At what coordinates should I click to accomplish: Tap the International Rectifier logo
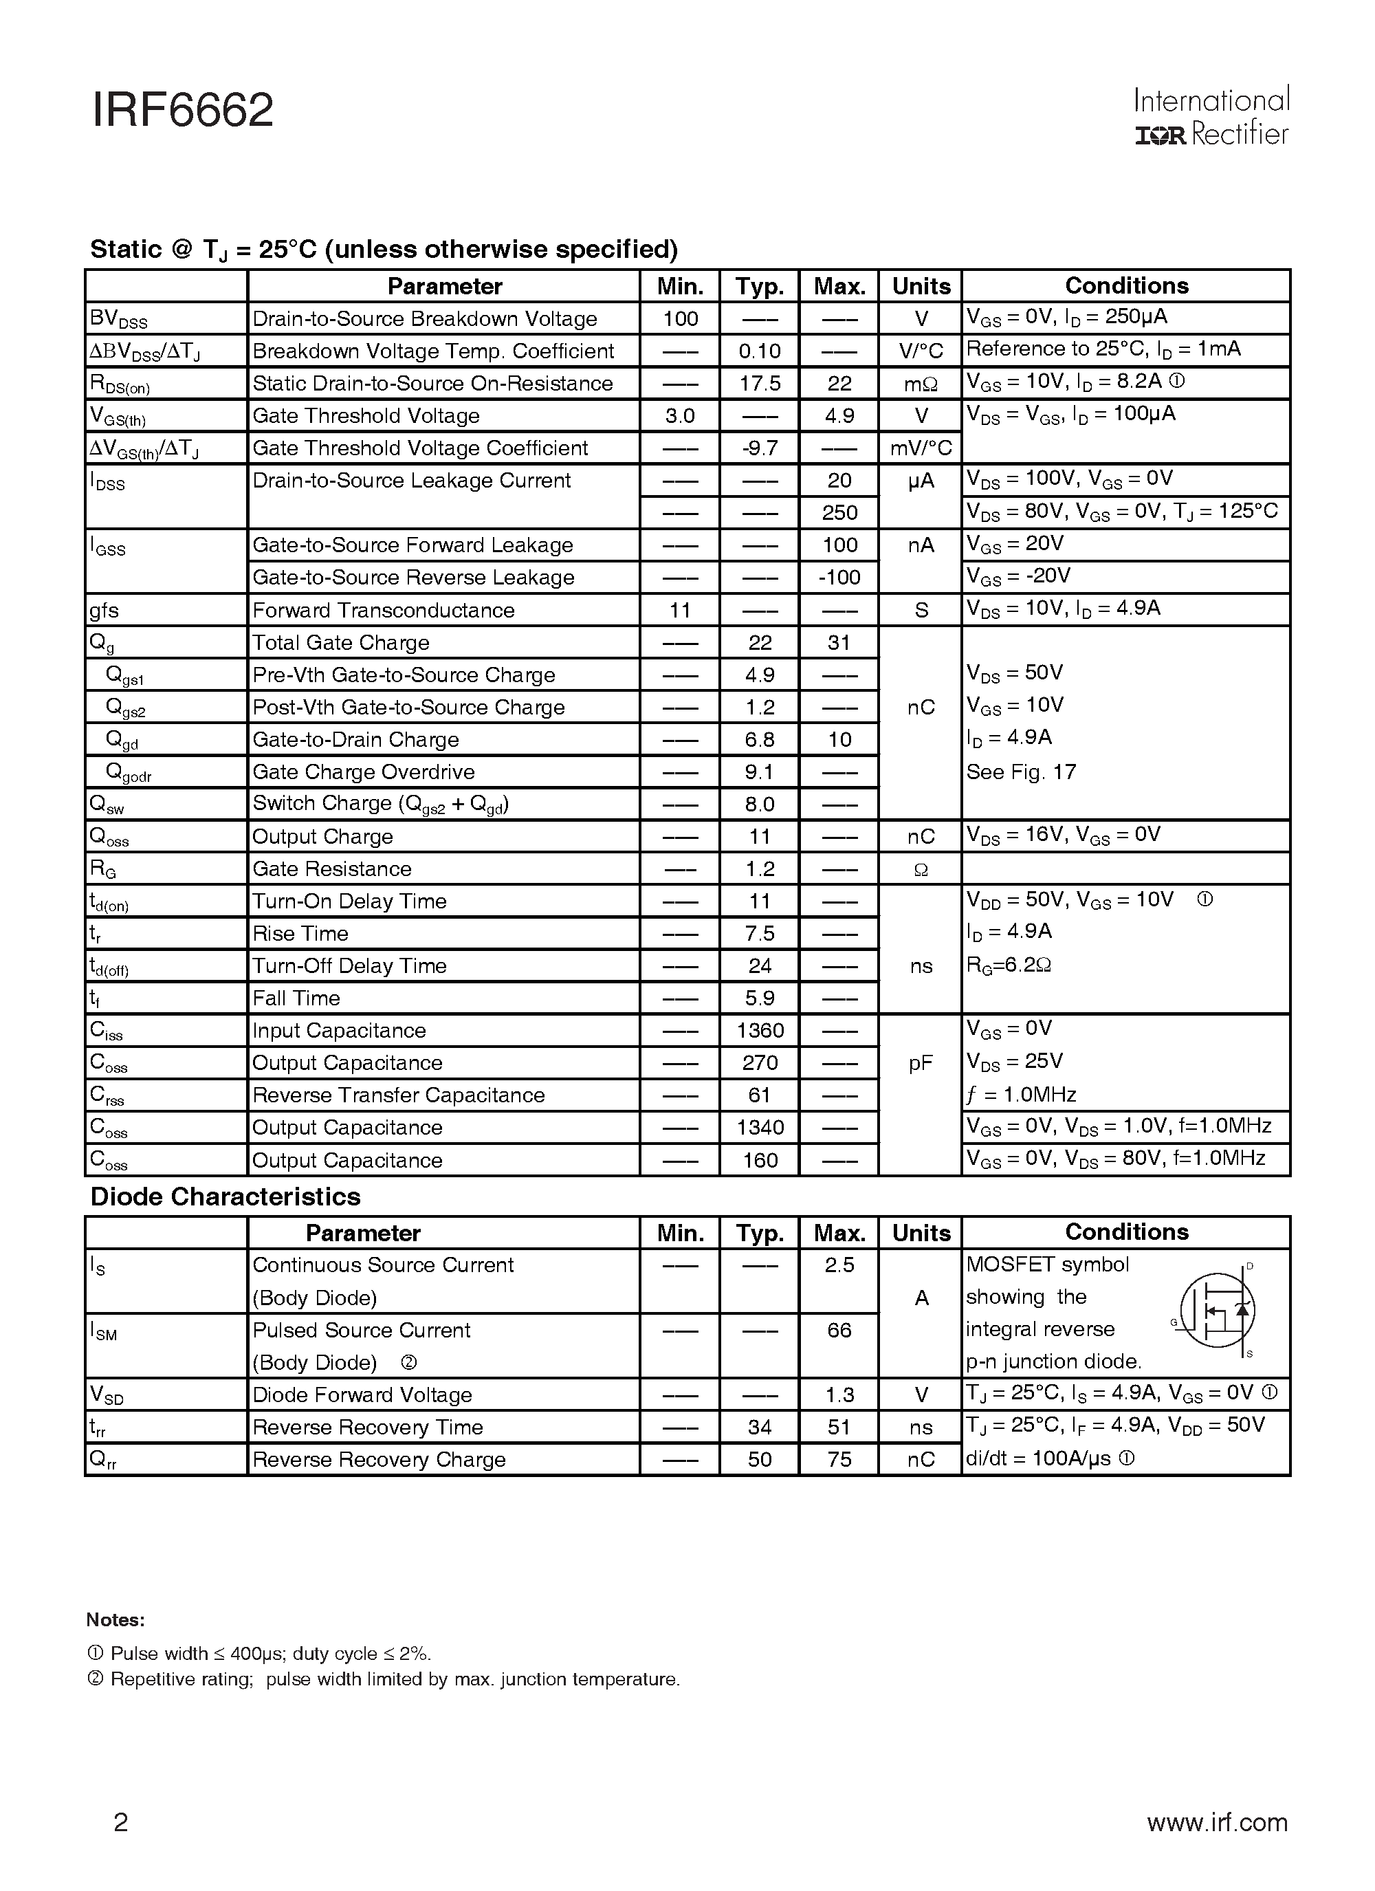(x=1211, y=117)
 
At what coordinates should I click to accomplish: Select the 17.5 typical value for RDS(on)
(x=760, y=384)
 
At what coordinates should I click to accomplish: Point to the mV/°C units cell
(x=921, y=448)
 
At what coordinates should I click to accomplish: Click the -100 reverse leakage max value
(x=839, y=578)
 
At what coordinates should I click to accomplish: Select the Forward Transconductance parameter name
(x=384, y=611)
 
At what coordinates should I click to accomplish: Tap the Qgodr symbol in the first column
(x=129, y=773)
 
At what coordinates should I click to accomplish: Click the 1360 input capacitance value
(x=760, y=1031)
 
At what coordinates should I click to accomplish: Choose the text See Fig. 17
(x=1021, y=772)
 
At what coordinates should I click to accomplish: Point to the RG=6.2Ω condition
(x=1008, y=965)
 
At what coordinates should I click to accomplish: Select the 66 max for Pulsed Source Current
(x=839, y=1330)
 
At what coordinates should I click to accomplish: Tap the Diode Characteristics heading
(x=225, y=1196)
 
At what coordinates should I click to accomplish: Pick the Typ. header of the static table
(x=760, y=287)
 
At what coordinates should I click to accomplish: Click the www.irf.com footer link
(x=1217, y=1823)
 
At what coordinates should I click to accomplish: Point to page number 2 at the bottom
(x=121, y=1823)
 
